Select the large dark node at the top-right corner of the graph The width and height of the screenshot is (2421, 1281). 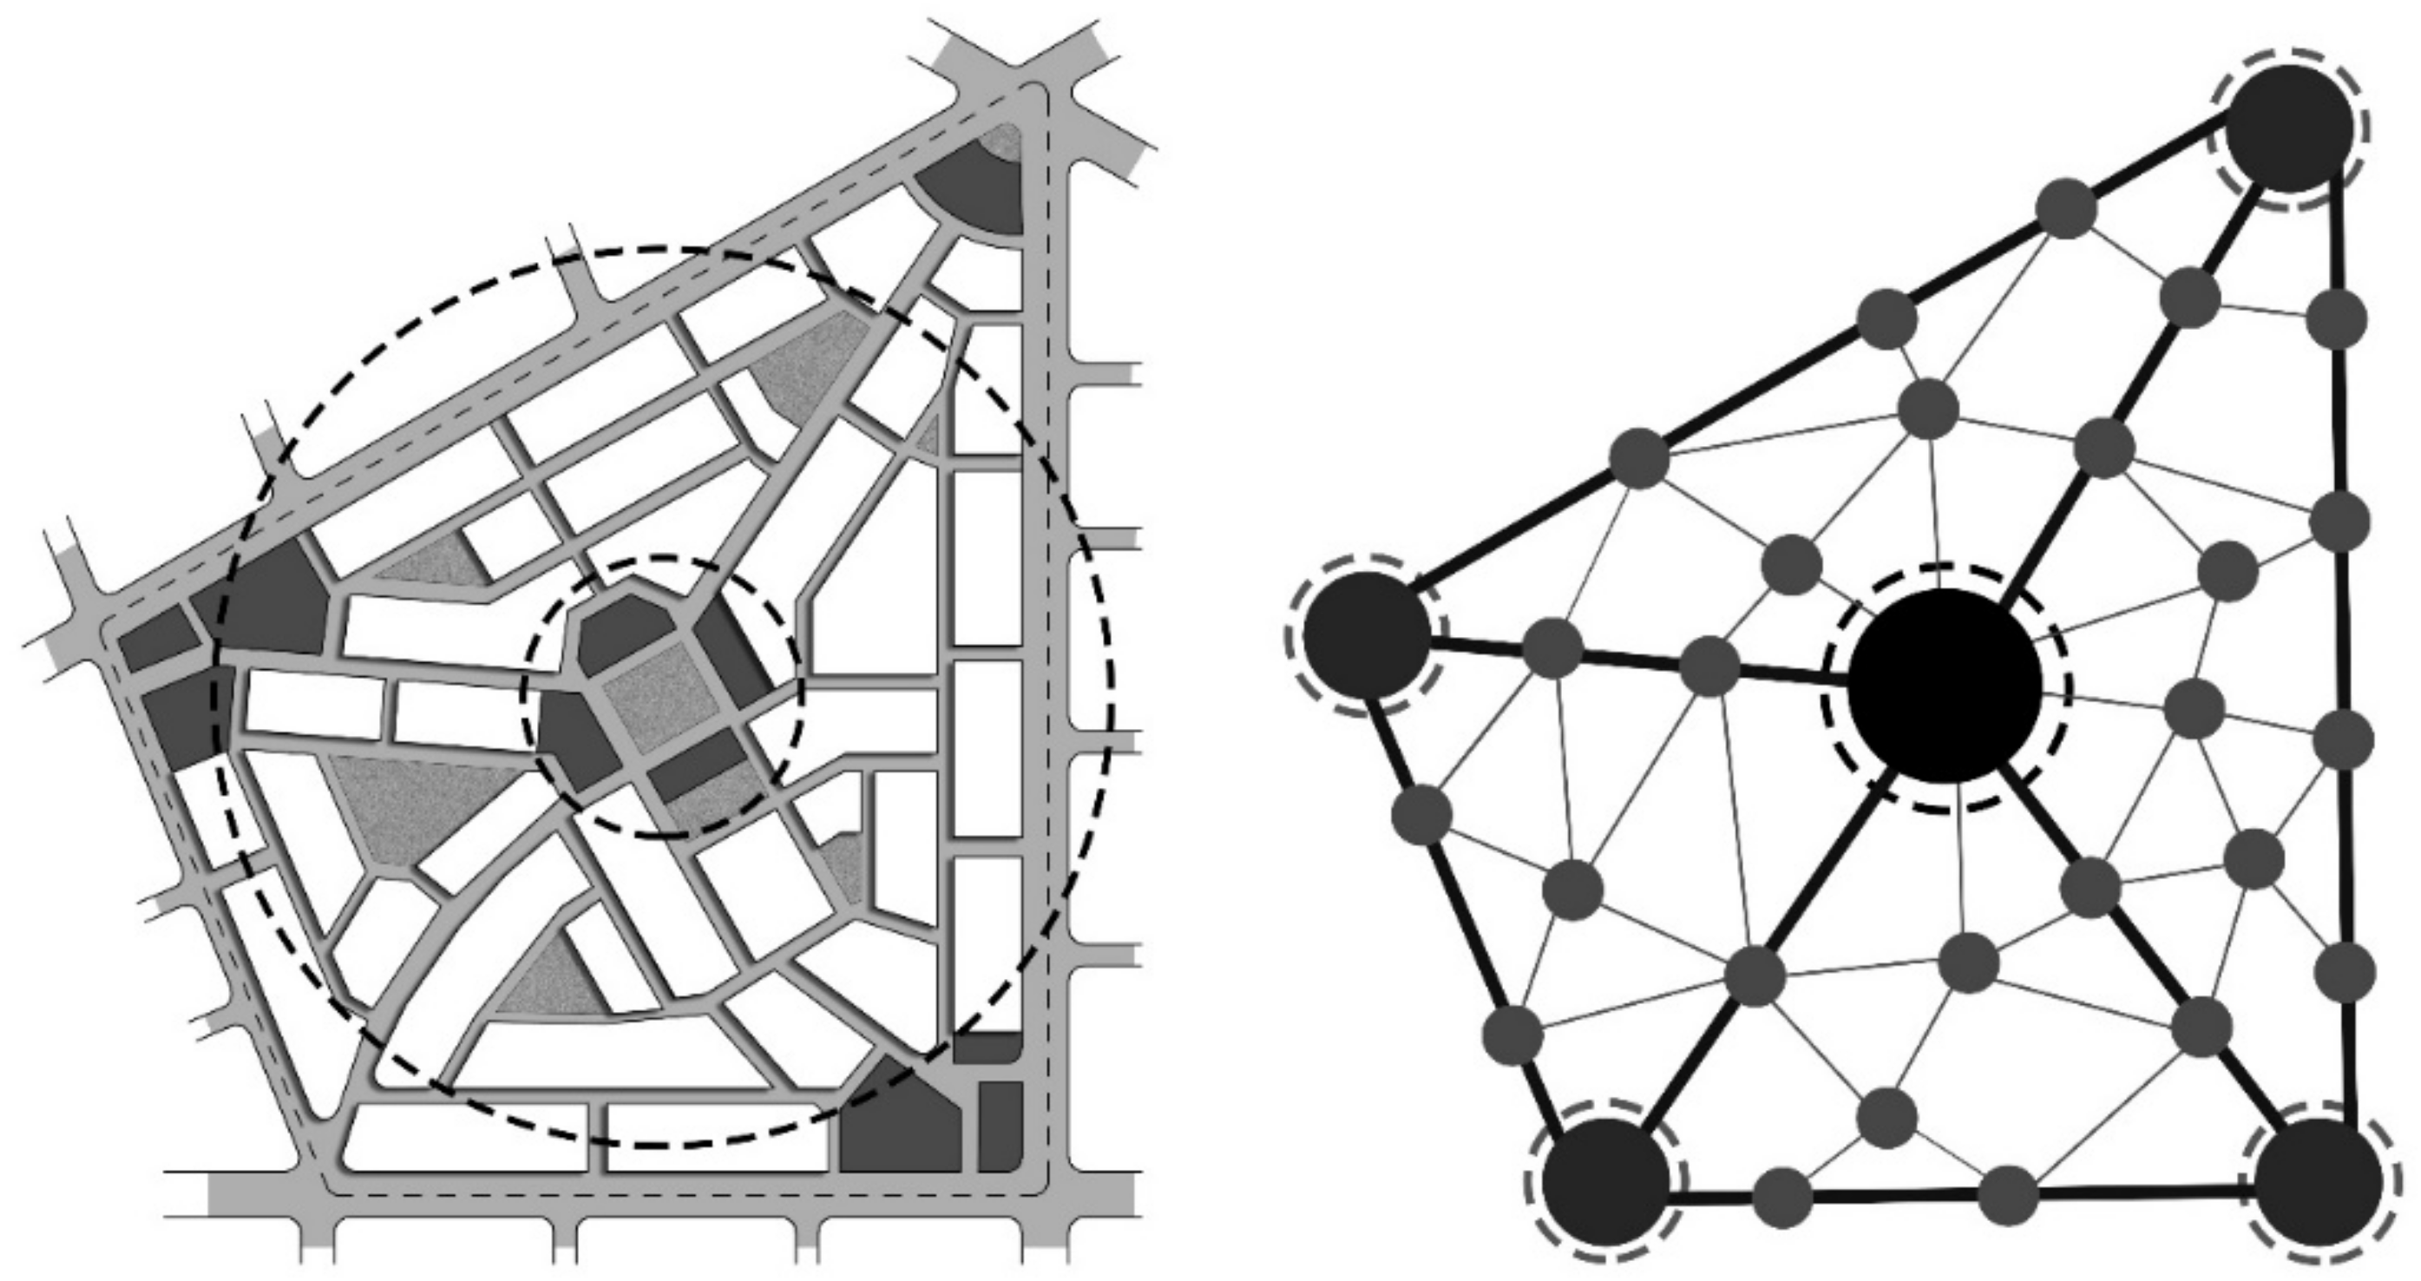(x=2289, y=128)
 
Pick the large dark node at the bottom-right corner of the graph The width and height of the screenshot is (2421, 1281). (x=2319, y=1181)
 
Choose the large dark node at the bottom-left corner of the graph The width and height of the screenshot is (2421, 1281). (x=1606, y=1181)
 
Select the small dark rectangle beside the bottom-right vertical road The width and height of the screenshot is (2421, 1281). (x=1000, y=1126)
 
